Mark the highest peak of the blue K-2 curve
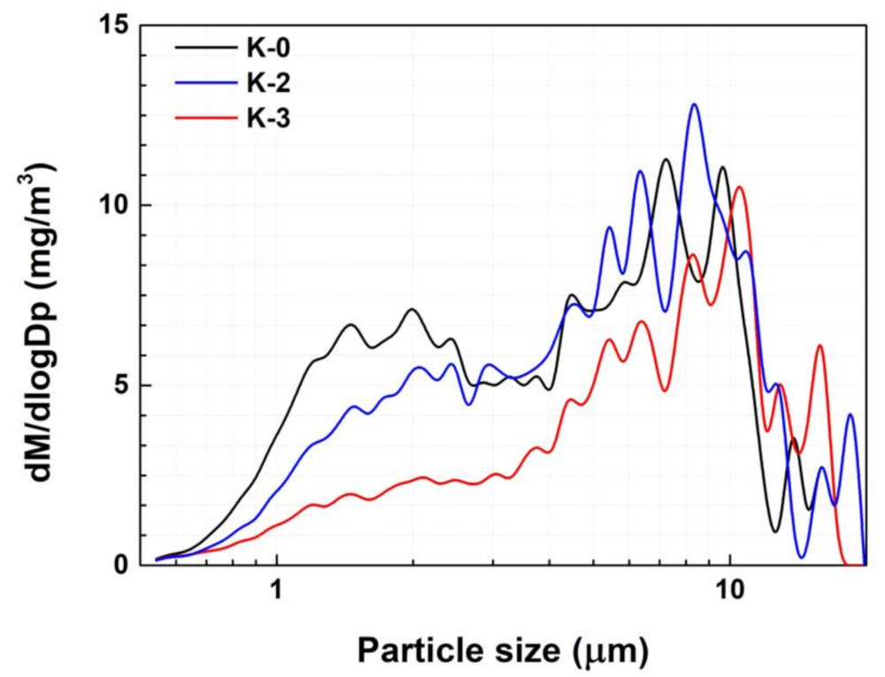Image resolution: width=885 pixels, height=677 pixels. coord(695,104)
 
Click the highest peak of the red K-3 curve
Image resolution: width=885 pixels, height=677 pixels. coord(738,187)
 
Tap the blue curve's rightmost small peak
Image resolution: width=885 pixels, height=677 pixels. coord(850,414)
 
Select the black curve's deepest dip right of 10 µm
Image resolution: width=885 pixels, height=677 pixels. coord(775,532)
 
